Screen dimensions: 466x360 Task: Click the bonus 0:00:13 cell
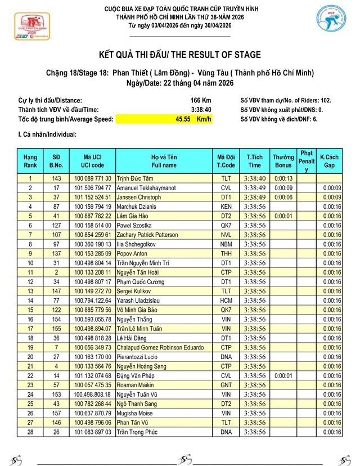283,178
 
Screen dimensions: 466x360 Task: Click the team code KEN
226,207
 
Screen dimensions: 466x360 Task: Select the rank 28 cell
30,432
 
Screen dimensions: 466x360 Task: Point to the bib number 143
56,178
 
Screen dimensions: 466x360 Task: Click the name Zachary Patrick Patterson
148,235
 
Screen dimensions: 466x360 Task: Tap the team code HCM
226,301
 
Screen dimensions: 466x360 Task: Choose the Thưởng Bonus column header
283,161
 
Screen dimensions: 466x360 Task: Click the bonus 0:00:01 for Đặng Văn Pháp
283,375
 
